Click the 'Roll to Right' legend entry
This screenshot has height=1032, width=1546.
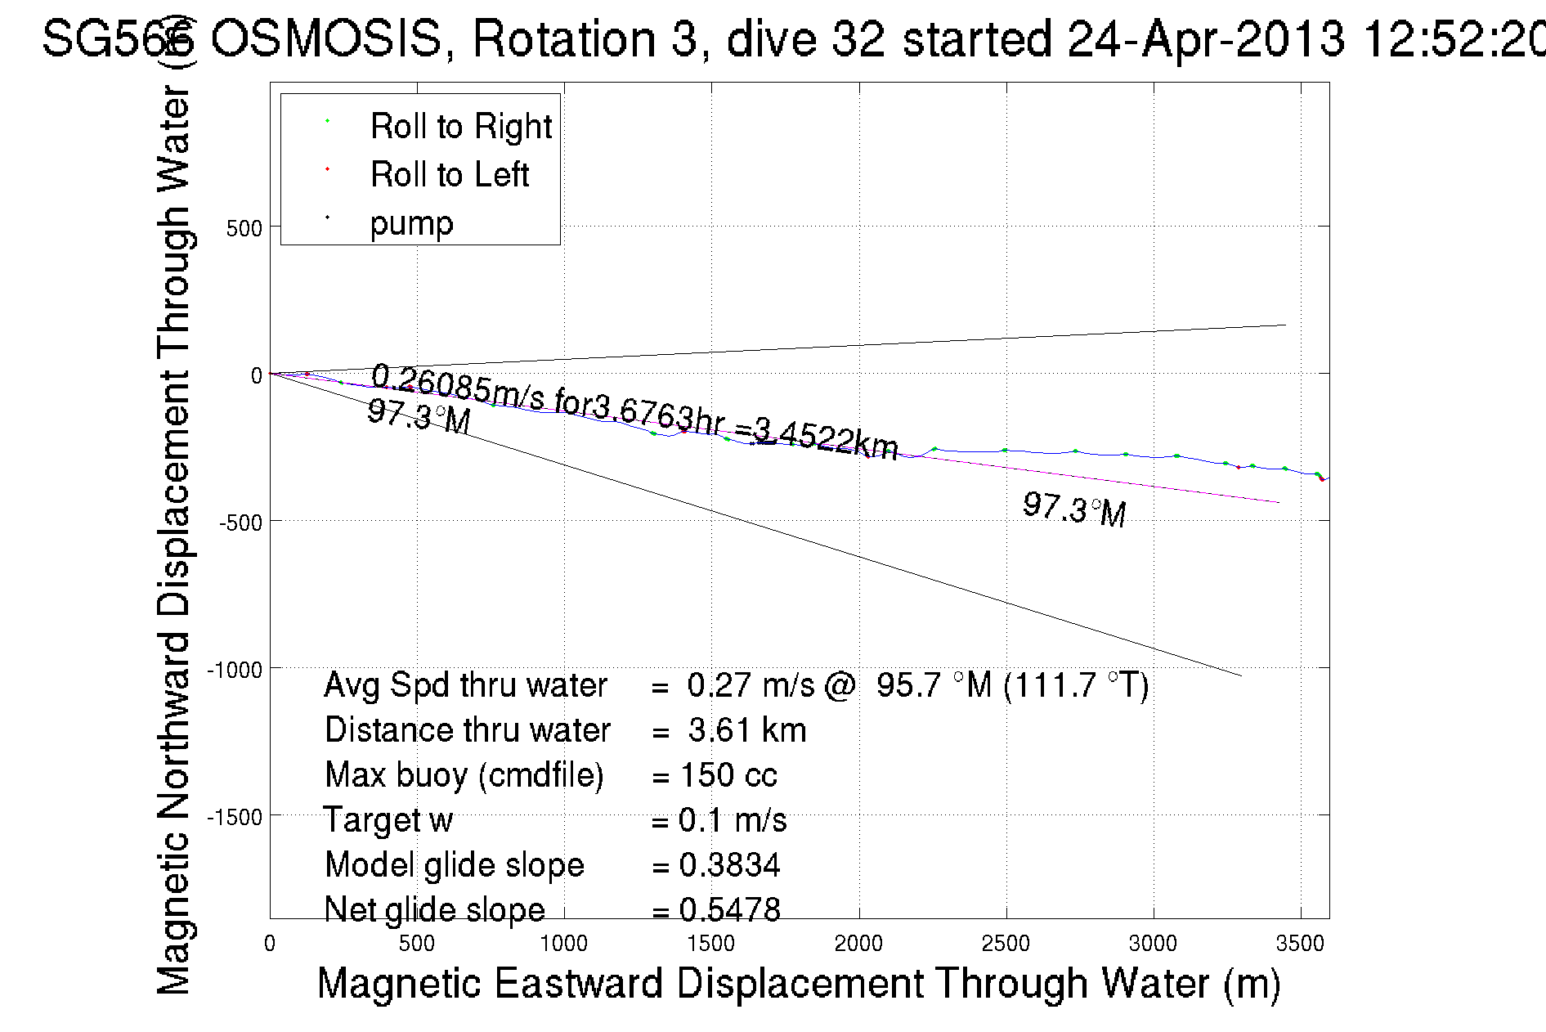click(x=460, y=126)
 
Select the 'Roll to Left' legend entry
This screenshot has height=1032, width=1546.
click(x=449, y=174)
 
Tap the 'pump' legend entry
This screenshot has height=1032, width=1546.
click(x=411, y=222)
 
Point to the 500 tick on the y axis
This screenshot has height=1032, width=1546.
click(x=244, y=228)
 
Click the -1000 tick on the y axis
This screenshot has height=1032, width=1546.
click(x=235, y=670)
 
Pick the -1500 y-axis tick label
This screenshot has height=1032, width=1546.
click(x=235, y=817)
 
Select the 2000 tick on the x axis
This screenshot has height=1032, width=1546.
click(x=858, y=944)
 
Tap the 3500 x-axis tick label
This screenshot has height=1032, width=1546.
click(x=1300, y=944)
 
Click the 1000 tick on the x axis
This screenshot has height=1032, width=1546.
click(x=563, y=944)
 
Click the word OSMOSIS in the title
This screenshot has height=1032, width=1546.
click(x=326, y=38)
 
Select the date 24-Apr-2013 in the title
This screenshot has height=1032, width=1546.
click(x=1206, y=38)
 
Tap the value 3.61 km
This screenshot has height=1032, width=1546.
click(x=746, y=730)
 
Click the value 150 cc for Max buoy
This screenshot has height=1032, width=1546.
click(x=728, y=775)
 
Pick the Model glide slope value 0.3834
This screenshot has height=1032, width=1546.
click(x=729, y=865)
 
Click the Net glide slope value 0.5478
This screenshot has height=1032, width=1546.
click(x=729, y=909)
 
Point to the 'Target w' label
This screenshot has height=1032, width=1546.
click(x=388, y=820)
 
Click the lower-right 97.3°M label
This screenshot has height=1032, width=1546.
click(x=1074, y=509)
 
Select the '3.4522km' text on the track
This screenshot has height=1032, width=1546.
click(x=826, y=440)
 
